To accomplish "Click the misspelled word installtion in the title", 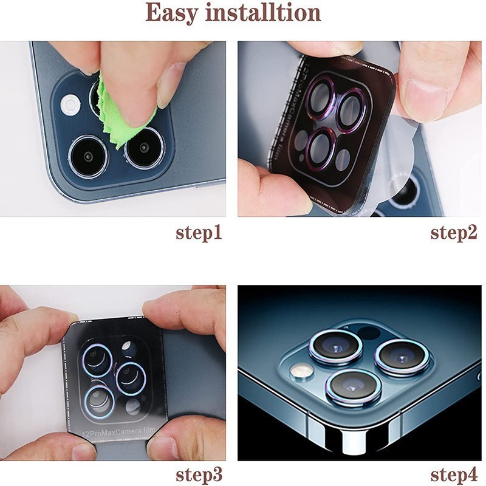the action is tap(263, 12).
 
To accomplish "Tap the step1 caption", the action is tap(199, 233).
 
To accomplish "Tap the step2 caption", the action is tap(453, 233).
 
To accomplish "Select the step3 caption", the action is tap(199, 475).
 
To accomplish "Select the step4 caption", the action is tap(453, 475).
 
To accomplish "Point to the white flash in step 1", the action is tap(70, 105).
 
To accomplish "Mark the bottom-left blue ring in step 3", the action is tap(100, 402).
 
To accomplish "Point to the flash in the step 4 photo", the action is tap(302, 370).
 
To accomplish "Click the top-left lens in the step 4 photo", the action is tap(336, 346).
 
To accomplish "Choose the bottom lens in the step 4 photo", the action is tap(354, 388).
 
